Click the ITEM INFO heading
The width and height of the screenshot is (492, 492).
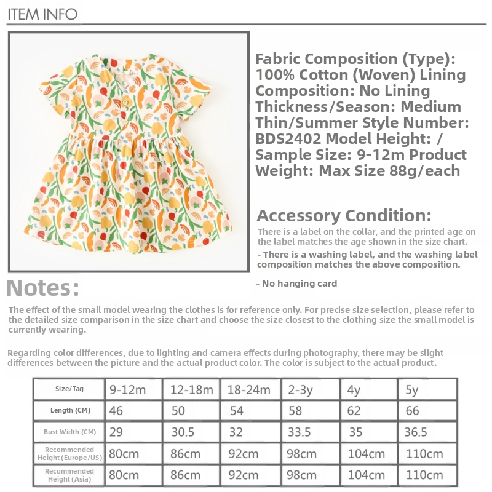tap(42, 14)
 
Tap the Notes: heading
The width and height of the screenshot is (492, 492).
tap(43, 288)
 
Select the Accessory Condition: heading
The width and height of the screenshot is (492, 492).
tap(344, 216)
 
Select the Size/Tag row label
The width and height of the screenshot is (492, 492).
tap(69, 389)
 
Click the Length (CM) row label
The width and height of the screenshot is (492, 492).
tap(69, 410)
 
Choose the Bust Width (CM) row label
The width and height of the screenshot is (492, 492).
tap(69, 432)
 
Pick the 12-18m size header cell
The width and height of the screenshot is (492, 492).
tap(192, 390)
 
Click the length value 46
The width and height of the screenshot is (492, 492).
tap(117, 410)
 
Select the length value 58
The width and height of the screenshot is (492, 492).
tap(295, 410)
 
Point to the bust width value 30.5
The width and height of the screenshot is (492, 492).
tap(183, 432)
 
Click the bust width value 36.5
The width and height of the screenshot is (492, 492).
tap(416, 432)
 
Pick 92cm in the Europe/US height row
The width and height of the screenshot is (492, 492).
tap(243, 454)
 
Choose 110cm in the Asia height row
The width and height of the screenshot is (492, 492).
tap(424, 475)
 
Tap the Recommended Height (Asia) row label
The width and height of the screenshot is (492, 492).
tap(69, 475)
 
